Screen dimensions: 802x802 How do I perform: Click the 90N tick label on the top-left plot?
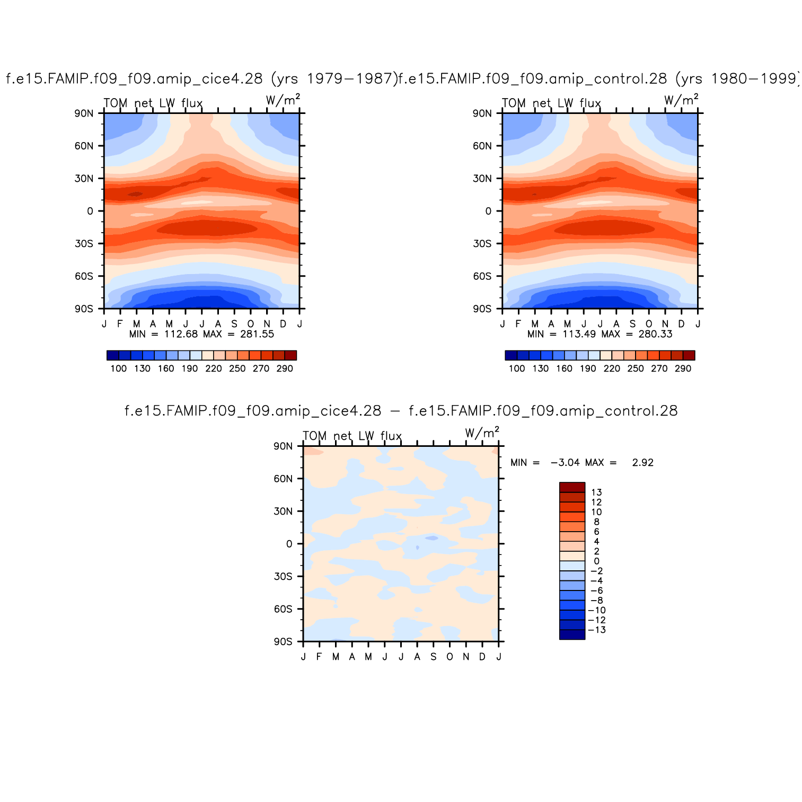pos(84,113)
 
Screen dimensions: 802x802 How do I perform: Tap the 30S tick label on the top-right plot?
pos(482,244)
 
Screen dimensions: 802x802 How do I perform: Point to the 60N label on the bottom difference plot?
pos(283,479)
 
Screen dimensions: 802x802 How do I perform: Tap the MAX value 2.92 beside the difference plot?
pos(642,463)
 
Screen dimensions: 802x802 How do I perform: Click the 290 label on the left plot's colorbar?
pos(285,369)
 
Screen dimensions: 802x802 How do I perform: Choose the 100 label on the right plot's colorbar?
pos(517,369)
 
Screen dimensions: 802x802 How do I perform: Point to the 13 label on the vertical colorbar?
pos(596,492)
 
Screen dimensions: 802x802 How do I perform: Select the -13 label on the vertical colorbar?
pos(597,630)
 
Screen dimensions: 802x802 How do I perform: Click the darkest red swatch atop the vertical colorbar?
pos(572,487)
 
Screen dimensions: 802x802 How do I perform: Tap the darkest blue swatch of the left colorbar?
pos(113,355)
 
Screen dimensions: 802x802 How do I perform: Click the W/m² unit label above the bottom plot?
pos(482,433)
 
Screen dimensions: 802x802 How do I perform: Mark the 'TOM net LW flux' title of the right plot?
pos(551,103)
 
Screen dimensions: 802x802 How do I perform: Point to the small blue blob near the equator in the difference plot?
pos(432,538)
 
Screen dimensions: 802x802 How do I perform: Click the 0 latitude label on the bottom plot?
pos(289,544)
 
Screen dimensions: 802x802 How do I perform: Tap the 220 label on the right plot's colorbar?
pos(612,369)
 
